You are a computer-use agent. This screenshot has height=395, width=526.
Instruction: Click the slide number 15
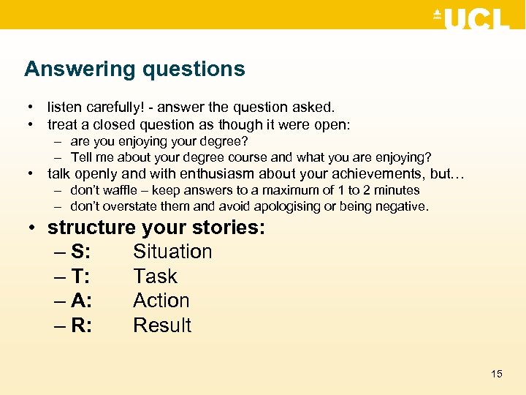pos(497,374)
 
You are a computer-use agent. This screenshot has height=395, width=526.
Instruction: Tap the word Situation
pos(172,252)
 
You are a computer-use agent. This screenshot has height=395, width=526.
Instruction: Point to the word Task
pos(155,276)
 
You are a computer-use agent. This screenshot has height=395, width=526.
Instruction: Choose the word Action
pos(161,301)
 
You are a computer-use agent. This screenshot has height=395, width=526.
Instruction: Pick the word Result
pos(162,326)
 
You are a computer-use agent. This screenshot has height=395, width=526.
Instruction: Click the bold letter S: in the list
pos(81,252)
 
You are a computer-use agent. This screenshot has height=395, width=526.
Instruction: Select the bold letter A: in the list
pos(81,301)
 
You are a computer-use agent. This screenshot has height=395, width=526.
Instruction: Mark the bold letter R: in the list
pos(81,326)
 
